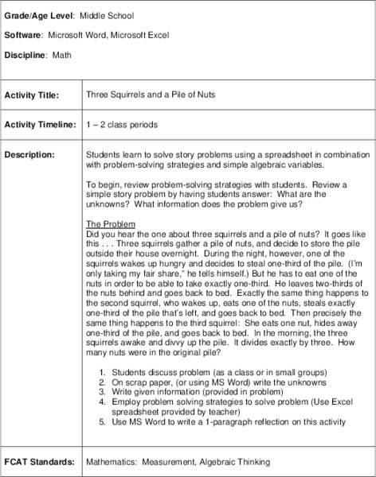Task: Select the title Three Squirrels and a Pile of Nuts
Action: pos(151,95)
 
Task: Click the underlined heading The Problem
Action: pos(111,224)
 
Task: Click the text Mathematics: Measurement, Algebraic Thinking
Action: pos(177,461)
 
